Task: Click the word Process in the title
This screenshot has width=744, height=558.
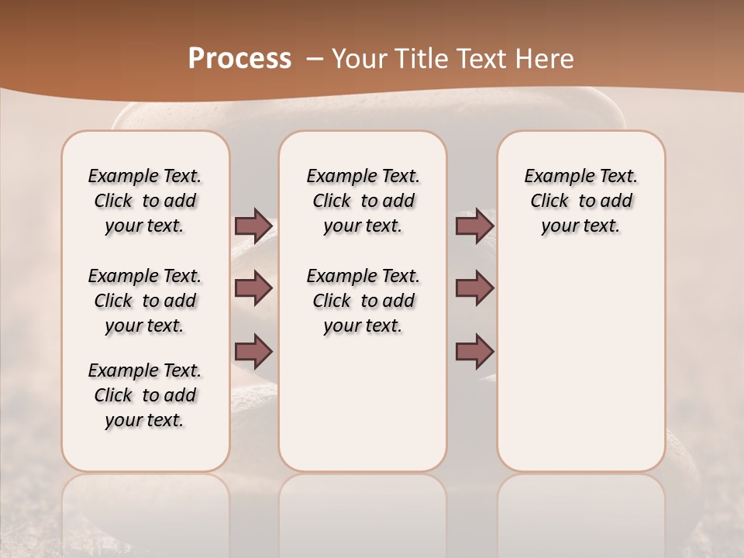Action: pos(239,59)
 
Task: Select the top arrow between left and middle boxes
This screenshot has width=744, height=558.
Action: pos(253,226)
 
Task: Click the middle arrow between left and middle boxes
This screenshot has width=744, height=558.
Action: pos(253,288)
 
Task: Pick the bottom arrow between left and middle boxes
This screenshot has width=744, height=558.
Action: pos(253,351)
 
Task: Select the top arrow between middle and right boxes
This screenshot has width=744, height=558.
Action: pos(474,226)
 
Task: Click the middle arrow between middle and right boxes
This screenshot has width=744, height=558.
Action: pos(474,288)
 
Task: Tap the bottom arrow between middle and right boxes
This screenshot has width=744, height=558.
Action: pos(474,351)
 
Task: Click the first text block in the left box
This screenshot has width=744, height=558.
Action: pos(145,201)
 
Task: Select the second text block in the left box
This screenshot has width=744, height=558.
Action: pos(145,301)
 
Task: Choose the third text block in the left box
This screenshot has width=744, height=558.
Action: pos(145,395)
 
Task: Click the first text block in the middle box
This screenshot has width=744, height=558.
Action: pos(363,201)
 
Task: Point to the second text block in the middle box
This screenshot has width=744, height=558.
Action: pos(363,301)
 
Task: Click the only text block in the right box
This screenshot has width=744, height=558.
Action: pos(580,201)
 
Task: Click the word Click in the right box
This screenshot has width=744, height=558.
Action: pos(549,201)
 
